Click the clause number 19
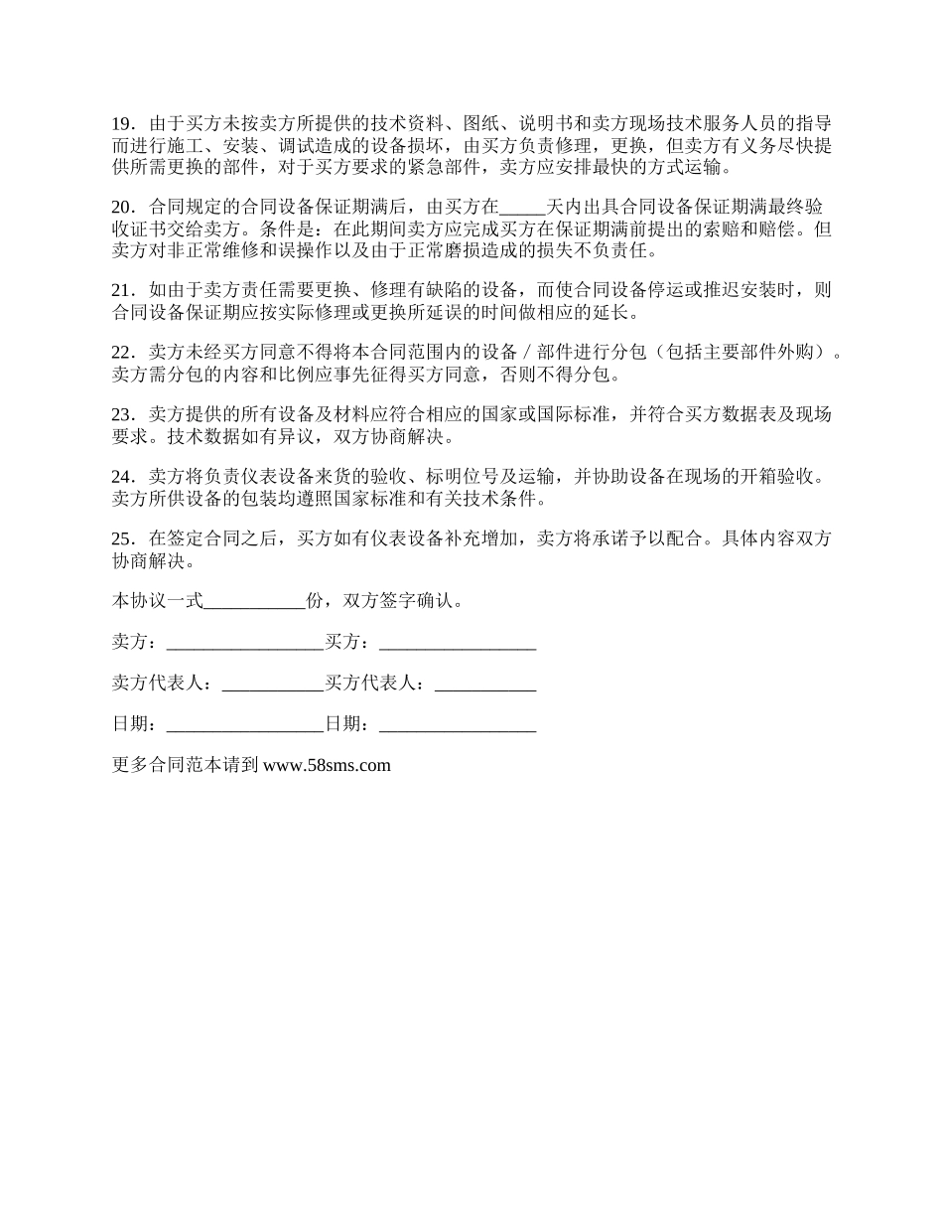point(122,124)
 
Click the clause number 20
point(122,208)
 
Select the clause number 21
point(122,291)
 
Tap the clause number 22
point(122,354)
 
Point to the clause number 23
point(122,415)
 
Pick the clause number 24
point(122,477)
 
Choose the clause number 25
point(122,539)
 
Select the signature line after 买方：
point(458,643)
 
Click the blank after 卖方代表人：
point(273,685)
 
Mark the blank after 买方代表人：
point(485,685)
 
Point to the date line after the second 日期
point(458,725)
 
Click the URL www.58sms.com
point(328,765)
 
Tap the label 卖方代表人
point(157,684)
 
